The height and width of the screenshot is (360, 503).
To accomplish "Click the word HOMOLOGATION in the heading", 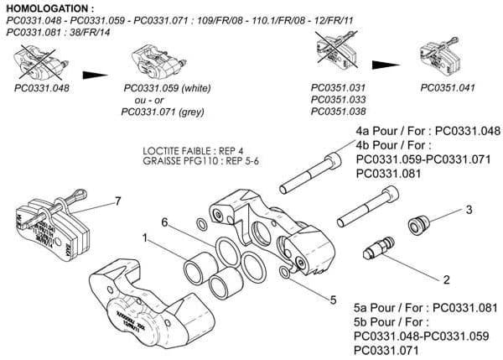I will point(49,8).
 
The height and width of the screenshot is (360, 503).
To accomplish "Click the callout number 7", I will point(117,201).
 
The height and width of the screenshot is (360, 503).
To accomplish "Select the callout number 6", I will point(165,222).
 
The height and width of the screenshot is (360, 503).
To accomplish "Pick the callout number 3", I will point(469,209).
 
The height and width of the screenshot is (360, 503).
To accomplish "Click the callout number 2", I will point(446,278).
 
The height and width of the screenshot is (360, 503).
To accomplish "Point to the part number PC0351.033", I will point(338,99).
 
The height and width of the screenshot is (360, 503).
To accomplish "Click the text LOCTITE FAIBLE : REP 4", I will point(194,151).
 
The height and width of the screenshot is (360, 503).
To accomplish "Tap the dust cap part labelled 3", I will point(418,224).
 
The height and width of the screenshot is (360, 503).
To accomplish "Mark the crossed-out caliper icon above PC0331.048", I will point(41,62).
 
